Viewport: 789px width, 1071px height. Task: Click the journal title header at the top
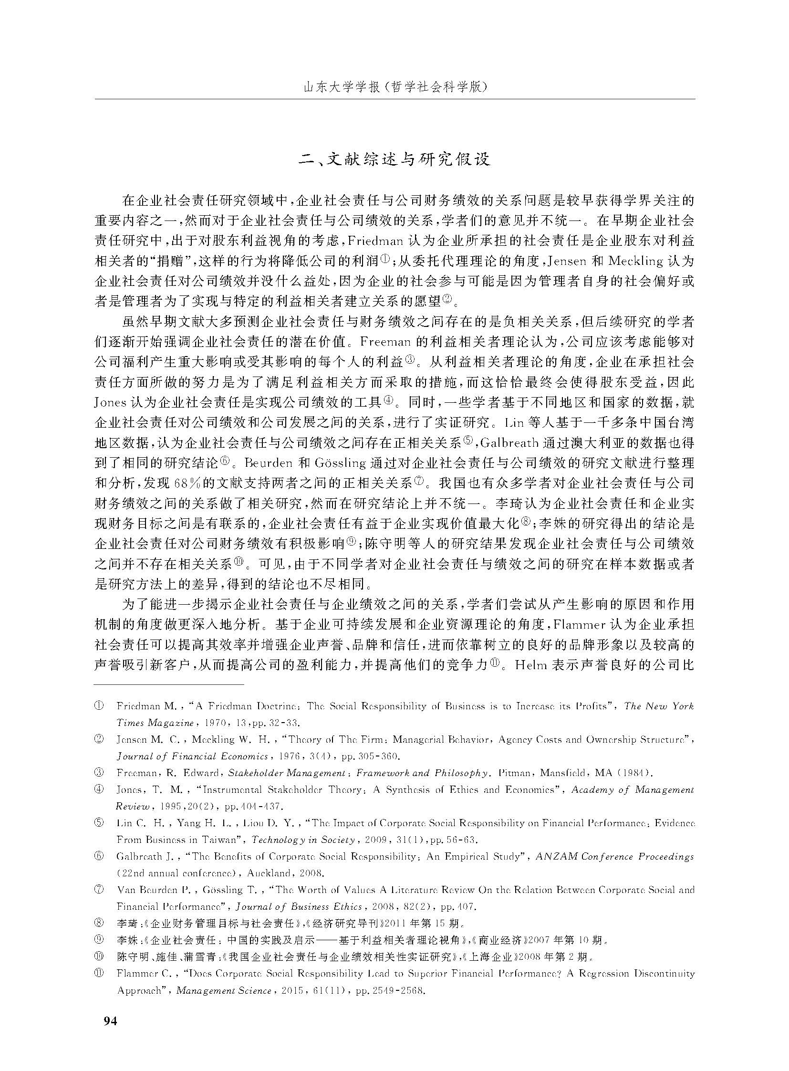(394, 87)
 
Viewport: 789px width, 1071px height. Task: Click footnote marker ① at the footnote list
(99, 706)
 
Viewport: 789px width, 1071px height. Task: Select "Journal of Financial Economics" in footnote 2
(192, 756)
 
